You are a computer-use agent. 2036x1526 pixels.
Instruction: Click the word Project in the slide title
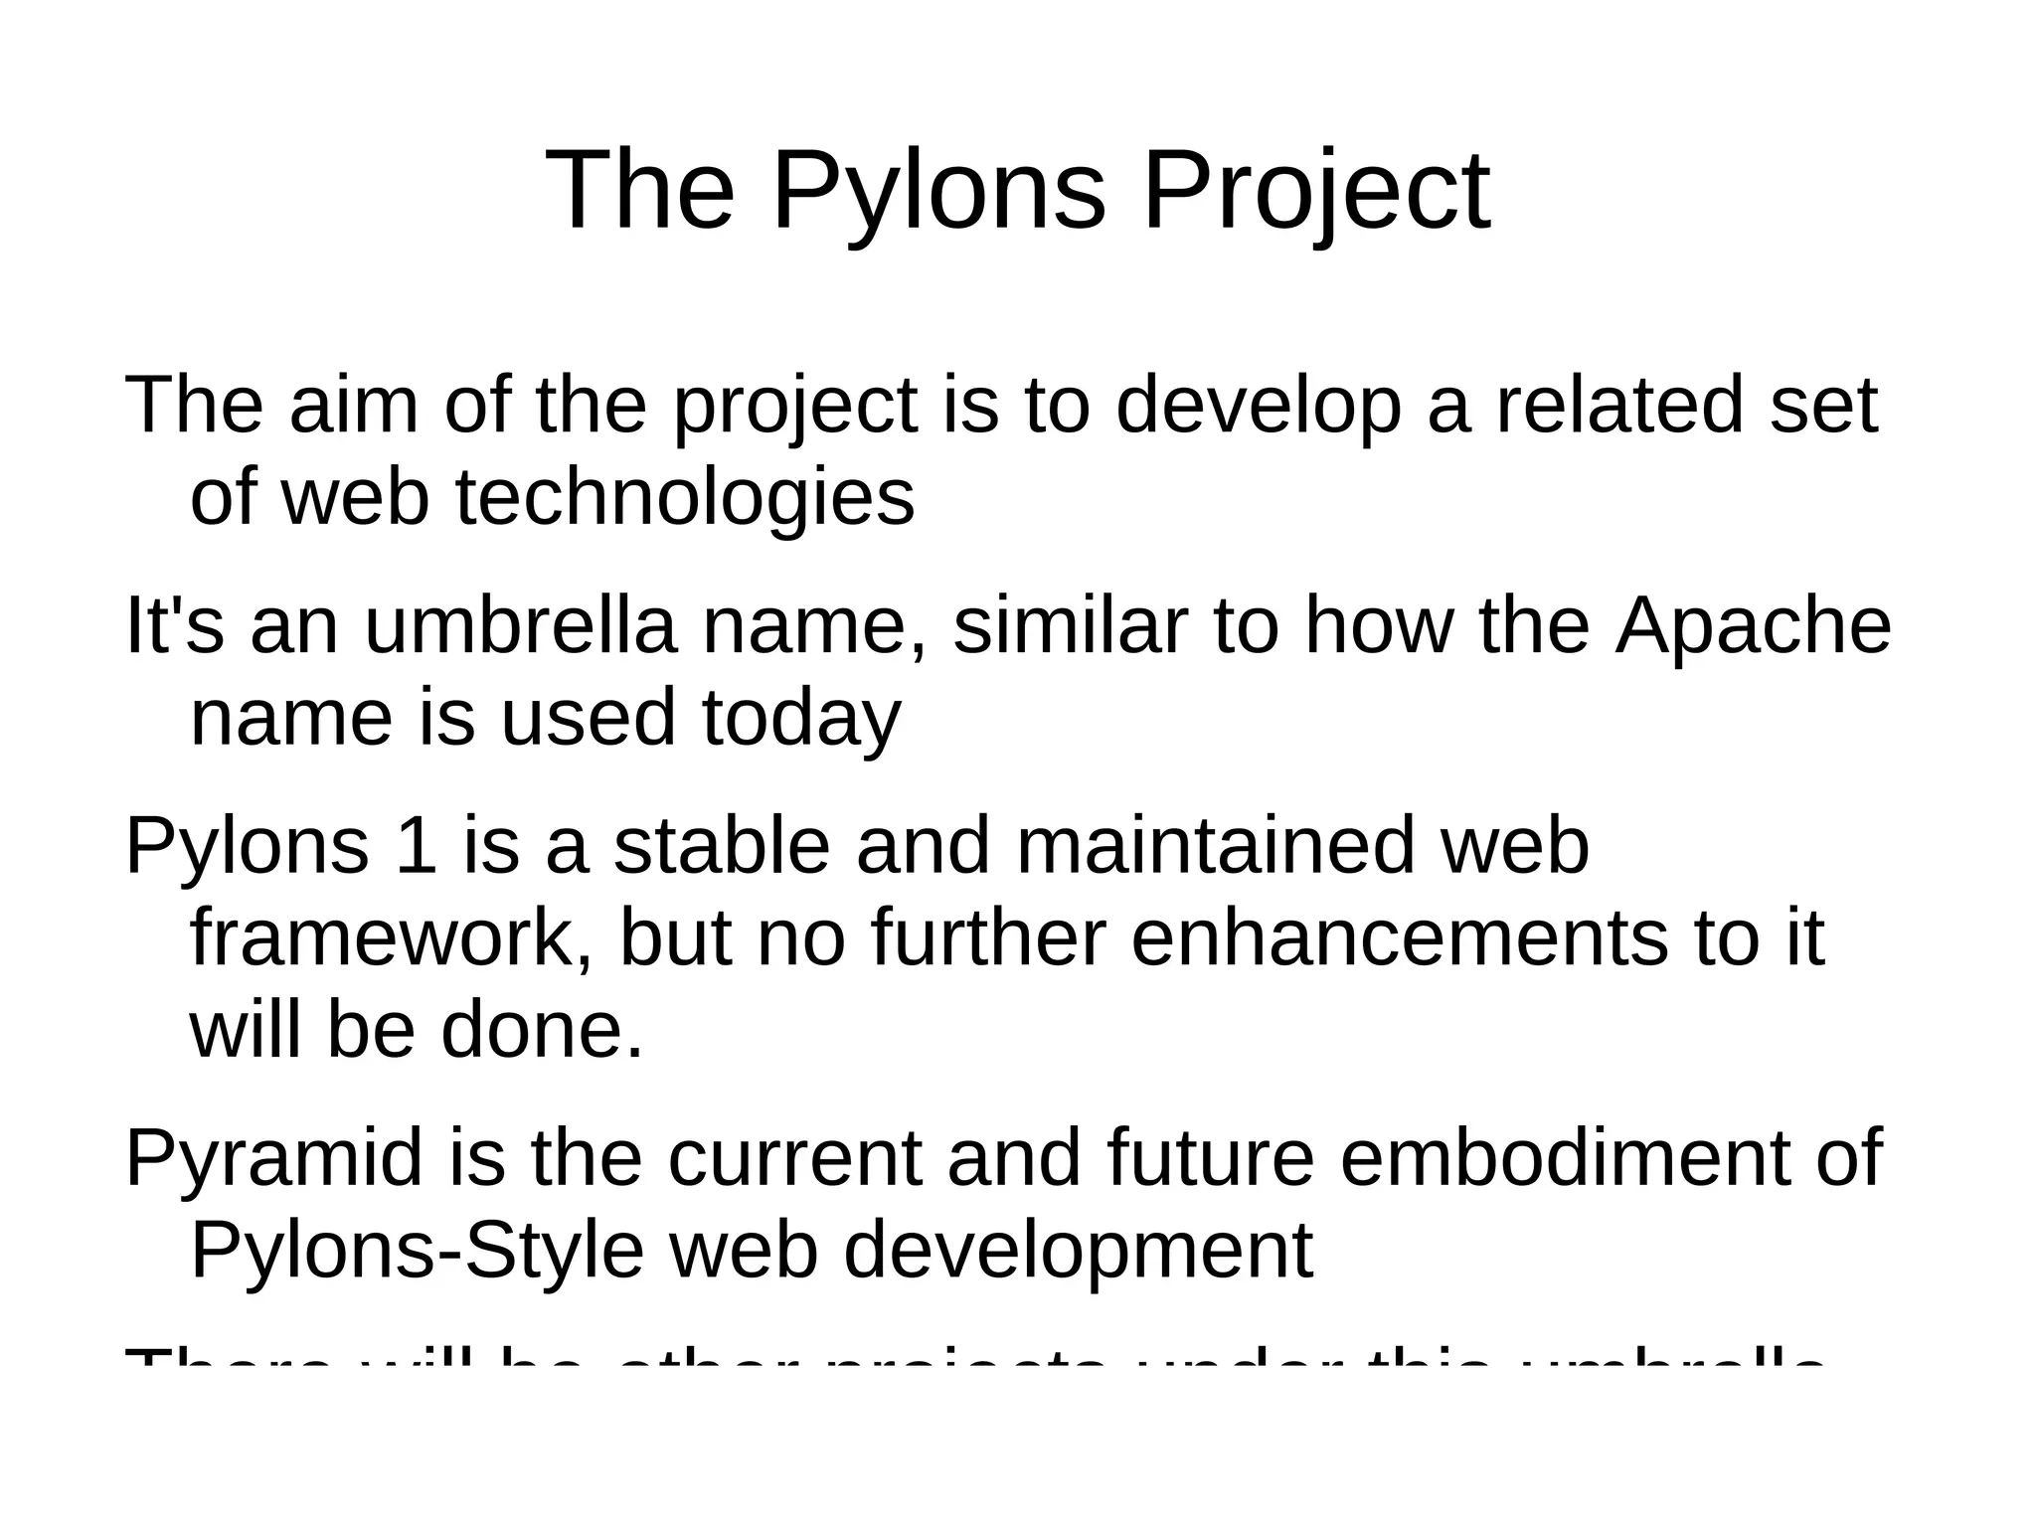click(1316, 190)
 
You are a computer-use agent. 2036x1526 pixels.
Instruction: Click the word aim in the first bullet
click(353, 406)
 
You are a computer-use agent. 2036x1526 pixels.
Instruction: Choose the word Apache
click(1753, 626)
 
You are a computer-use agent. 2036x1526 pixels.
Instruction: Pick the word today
click(801, 718)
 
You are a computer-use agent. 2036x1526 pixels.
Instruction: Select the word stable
click(721, 846)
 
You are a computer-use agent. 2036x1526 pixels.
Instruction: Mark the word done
click(543, 1030)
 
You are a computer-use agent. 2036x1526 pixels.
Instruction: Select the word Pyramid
click(274, 1158)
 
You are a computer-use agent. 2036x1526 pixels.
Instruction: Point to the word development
click(1079, 1251)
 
